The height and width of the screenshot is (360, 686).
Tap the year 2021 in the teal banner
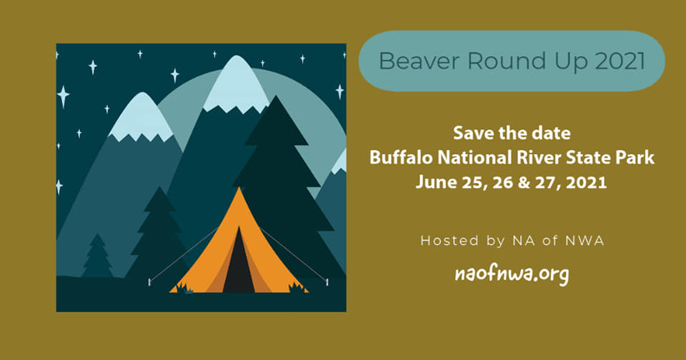click(x=620, y=61)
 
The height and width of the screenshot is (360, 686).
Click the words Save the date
click(x=512, y=133)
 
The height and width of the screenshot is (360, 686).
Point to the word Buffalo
click(x=401, y=157)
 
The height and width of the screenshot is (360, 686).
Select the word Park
click(x=635, y=157)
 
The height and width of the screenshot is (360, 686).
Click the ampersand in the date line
click(x=524, y=182)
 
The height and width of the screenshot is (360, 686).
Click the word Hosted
click(x=449, y=241)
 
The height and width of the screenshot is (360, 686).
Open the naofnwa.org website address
click(x=512, y=274)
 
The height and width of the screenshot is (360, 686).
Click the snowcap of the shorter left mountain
click(x=141, y=117)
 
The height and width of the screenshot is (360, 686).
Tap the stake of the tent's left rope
click(x=149, y=282)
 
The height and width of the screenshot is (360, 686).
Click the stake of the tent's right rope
click(x=327, y=282)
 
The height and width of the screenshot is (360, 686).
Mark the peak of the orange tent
click(x=239, y=188)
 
